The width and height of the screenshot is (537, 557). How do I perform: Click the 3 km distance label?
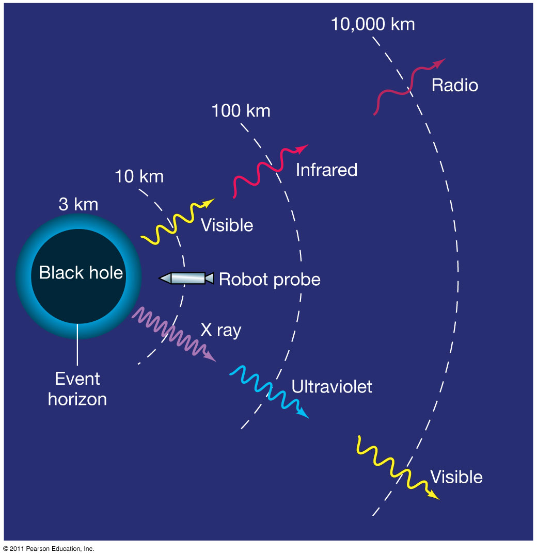[78, 204]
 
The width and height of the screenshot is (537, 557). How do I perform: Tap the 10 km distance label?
[139, 176]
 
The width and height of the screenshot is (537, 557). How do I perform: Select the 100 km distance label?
[241, 110]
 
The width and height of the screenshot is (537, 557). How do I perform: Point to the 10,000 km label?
[372, 24]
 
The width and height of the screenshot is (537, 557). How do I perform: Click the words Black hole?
[81, 272]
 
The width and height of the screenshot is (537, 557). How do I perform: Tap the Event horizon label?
[77, 389]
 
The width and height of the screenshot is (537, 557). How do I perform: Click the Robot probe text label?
[270, 279]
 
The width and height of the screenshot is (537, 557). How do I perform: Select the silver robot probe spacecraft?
[186, 278]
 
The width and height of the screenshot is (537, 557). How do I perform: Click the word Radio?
[454, 85]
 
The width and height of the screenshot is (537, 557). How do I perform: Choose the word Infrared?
[326, 170]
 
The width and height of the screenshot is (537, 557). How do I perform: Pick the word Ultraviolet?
[331, 387]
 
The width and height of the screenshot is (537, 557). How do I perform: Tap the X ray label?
[220, 330]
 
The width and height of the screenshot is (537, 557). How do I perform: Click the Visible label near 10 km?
[227, 225]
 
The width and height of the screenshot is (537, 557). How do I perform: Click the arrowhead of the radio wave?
[440, 62]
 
